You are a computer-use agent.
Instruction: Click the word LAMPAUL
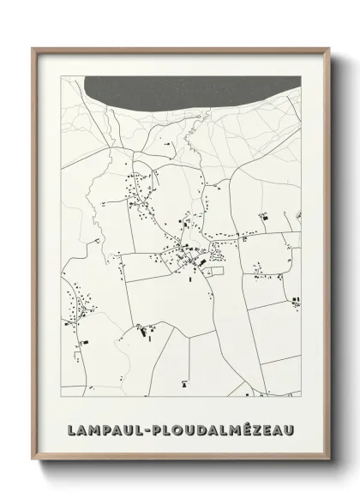[x=105, y=426]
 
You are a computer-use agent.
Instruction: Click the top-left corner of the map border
[x=61, y=76]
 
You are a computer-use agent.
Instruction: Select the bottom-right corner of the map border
[x=301, y=397]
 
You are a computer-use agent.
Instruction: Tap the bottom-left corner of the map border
[x=61, y=397]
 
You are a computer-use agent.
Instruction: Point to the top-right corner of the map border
[x=301, y=76]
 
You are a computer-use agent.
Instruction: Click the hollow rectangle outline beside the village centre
[x=215, y=271]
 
